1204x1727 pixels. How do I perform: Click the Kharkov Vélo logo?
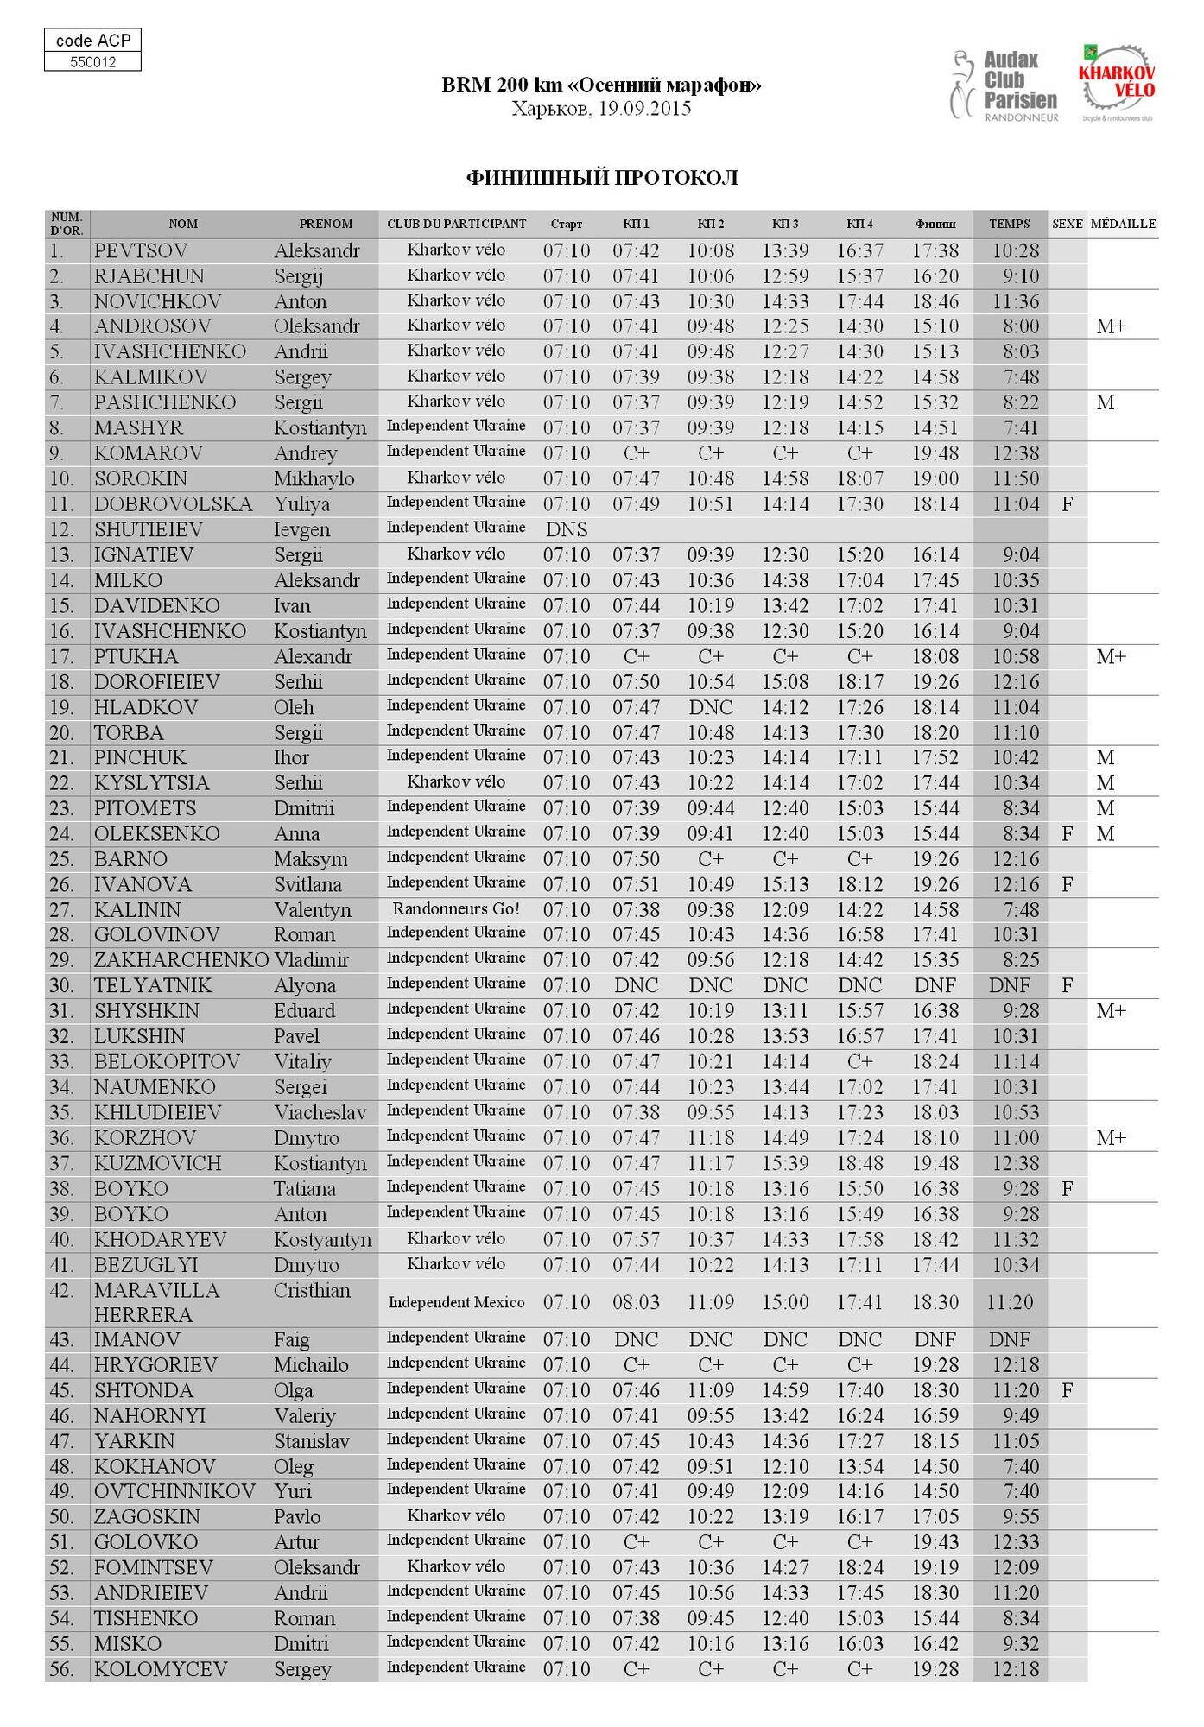coord(1117,83)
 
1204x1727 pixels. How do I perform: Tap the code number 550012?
coord(92,62)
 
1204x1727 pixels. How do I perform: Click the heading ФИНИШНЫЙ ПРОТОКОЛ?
coord(602,178)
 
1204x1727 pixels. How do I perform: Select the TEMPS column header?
coord(1009,224)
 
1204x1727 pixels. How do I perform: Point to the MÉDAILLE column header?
coord(1123,224)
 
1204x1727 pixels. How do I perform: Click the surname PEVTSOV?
coord(141,251)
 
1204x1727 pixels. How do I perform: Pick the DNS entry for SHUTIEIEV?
coord(567,529)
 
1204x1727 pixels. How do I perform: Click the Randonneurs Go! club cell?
coord(456,908)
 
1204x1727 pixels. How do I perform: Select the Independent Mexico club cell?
coord(456,1302)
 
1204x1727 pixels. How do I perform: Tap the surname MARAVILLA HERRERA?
coord(156,1302)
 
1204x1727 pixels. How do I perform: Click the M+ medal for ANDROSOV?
coord(1111,326)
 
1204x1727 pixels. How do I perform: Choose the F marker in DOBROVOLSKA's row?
coord(1067,504)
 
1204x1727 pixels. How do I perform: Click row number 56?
coord(61,1669)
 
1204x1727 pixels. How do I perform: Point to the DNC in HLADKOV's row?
coord(710,707)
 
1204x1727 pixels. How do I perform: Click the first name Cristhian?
coord(312,1291)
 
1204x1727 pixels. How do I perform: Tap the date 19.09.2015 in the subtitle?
coord(644,109)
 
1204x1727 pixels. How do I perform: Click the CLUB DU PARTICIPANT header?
coord(456,224)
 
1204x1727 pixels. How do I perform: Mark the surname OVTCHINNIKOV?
coord(174,1491)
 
